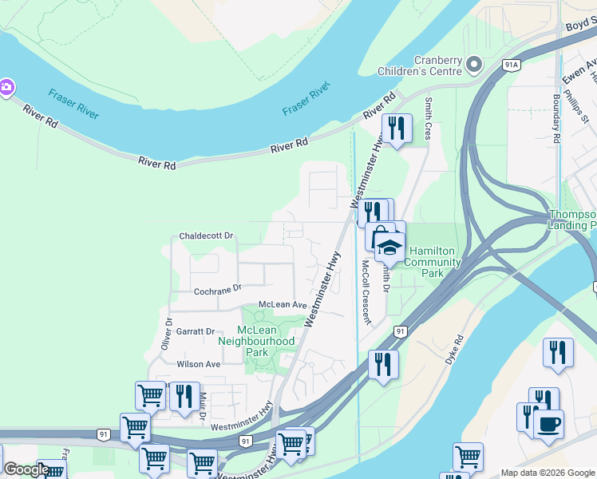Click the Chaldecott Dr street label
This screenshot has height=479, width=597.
[206, 236]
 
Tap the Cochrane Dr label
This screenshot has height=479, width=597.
[219, 290]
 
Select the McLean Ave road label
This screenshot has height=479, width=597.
[283, 305]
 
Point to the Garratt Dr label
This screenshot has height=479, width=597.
[196, 331]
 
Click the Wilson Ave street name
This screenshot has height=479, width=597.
[199, 364]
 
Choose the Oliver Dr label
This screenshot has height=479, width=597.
[167, 335]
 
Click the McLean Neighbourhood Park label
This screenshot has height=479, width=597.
[257, 341]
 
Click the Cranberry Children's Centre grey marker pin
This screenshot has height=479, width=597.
[474, 63]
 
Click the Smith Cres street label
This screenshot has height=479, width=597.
[429, 119]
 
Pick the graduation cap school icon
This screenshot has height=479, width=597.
[387, 247]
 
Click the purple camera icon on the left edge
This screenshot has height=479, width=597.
[5, 87]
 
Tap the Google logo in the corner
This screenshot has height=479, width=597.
[26, 469]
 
